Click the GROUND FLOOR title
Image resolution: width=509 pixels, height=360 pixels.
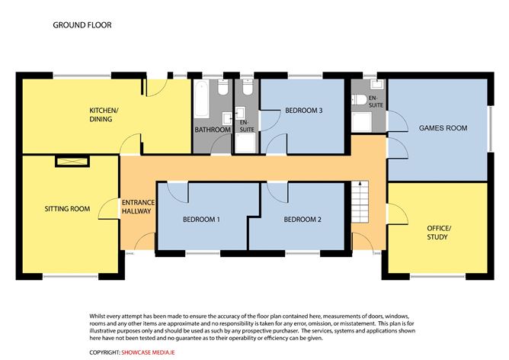(x=82, y=25)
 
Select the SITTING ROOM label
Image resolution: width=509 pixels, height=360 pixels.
(x=67, y=209)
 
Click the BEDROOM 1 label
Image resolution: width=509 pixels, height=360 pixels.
(x=201, y=220)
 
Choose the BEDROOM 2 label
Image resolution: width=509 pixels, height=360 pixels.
(x=303, y=220)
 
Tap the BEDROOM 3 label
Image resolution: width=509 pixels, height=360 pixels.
(x=304, y=111)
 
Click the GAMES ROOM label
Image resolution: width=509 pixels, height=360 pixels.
(x=443, y=128)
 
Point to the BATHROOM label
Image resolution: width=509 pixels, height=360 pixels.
(x=213, y=130)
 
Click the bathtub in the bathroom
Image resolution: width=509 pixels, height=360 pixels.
(x=202, y=99)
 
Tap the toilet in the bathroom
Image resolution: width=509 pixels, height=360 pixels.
(x=223, y=87)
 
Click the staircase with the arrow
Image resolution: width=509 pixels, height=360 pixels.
(x=360, y=202)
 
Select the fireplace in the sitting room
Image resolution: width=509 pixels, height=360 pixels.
(x=72, y=162)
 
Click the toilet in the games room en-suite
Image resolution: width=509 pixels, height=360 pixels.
(x=360, y=99)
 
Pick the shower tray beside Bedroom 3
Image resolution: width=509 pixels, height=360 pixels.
(x=245, y=143)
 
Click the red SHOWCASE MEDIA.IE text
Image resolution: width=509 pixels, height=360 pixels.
(x=149, y=352)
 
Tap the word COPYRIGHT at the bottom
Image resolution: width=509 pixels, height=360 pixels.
(x=105, y=352)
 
